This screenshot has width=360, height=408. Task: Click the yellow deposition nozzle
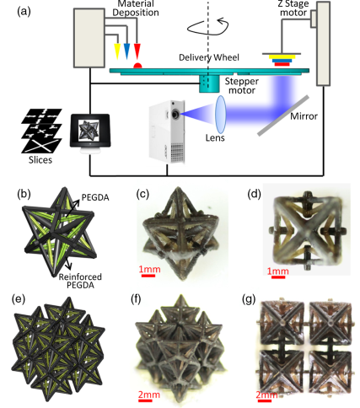(x=117, y=51)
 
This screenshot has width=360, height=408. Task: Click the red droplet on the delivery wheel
(x=137, y=66)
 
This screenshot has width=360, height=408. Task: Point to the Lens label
(x=215, y=137)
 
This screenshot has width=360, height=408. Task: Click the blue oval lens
(x=221, y=115)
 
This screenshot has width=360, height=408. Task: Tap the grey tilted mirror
(x=283, y=115)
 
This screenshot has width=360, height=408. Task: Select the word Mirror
(x=304, y=116)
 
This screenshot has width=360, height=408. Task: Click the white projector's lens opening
(x=175, y=115)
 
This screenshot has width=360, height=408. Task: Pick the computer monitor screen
(x=89, y=131)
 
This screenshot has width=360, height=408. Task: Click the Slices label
(x=40, y=160)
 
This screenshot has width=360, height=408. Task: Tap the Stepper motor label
(x=242, y=86)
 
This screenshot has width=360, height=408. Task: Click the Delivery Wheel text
(x=209, y=57)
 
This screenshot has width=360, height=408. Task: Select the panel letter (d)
(x=254, y=194)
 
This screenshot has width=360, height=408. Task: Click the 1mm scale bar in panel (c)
(x=148, y=276)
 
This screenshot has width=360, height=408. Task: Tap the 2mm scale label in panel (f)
(x=148, y=395)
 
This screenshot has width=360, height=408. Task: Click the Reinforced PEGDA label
(x=80, y=281)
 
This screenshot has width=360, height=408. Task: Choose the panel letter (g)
(x=249, y=300)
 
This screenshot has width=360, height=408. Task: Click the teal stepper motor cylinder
(x=209, y=83)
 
